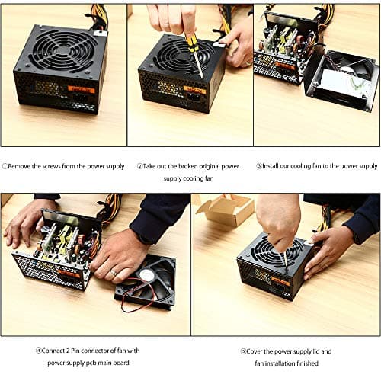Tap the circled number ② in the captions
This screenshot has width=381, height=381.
(140, 166)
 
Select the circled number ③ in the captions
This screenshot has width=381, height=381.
(258, 166)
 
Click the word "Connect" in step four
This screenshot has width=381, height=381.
(57, 351)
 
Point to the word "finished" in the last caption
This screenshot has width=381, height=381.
(302, 363)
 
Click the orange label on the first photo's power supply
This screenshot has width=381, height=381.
(81, 90)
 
